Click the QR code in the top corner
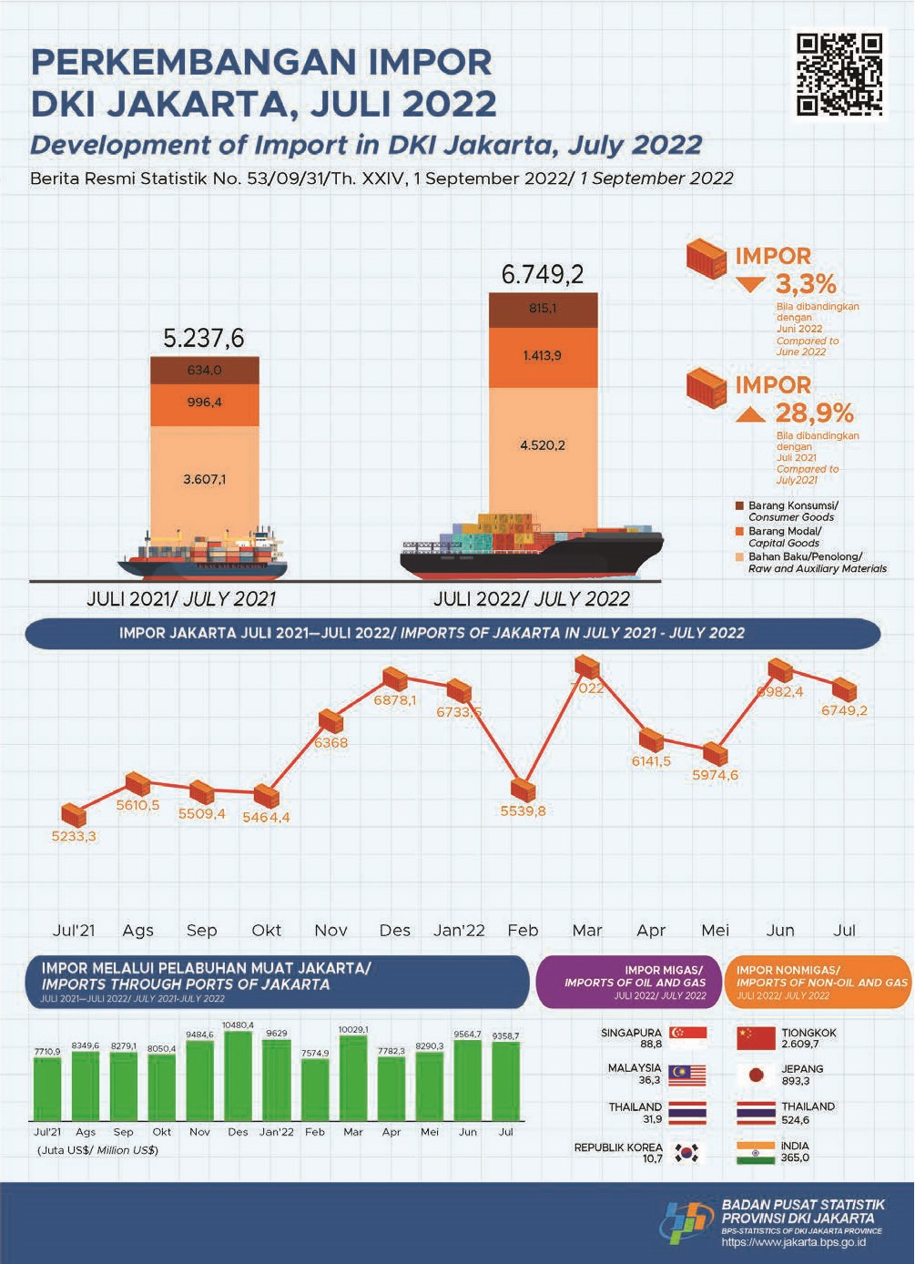[839, 75]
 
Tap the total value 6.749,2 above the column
[543, 274]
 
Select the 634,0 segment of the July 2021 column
[205, 371]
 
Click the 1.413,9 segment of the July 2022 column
[543, 355]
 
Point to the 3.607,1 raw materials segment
[205, 479]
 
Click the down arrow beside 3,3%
[750, 285]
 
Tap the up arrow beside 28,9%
[750, 414]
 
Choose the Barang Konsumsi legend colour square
[739, 505]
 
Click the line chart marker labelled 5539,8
[524, 790]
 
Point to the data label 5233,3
[74, 836]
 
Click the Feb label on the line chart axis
[523, 931]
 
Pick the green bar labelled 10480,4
[238, 1075]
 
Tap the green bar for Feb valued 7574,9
[315, 1089]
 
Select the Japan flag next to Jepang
[756, 1075]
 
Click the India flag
[756, 1152]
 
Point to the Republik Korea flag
[687, 1153]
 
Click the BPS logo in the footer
[687, 1221]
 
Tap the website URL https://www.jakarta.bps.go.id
[793, 1242]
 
